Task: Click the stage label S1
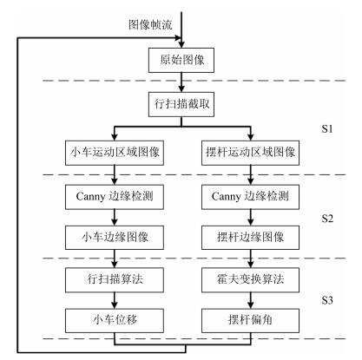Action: [327, 129]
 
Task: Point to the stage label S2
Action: [327, 219]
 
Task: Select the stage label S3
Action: [327, 300]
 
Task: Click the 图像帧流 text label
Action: [150, 24]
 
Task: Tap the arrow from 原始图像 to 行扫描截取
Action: [181, 82]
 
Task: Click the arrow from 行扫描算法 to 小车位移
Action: [115, 300]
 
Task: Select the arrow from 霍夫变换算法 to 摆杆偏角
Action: [251, 300]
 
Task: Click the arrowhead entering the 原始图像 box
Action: [181, 45]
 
